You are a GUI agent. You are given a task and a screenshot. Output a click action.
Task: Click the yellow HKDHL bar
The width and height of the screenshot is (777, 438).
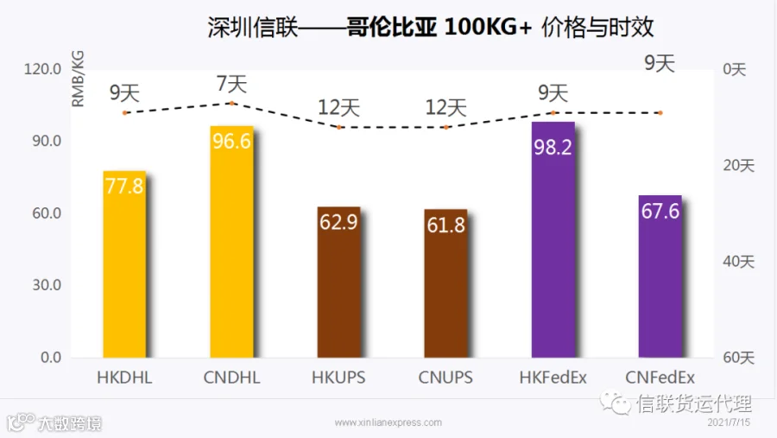124,263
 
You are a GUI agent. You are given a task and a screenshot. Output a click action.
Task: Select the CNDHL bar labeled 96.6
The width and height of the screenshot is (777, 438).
231,242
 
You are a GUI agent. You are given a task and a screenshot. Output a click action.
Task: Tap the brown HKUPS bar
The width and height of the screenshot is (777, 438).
339,282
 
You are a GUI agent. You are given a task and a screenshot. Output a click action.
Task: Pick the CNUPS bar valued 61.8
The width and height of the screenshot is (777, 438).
446,283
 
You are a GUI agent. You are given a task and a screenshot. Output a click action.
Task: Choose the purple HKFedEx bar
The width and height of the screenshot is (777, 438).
553,239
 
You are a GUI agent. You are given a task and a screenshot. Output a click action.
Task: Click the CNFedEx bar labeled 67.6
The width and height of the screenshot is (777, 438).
660,276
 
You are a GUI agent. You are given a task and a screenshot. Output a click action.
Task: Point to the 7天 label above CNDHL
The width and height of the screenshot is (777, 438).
232,84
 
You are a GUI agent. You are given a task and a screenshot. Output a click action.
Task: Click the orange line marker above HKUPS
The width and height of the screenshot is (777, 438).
339,128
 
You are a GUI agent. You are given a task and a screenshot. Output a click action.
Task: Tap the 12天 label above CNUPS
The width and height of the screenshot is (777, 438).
446,107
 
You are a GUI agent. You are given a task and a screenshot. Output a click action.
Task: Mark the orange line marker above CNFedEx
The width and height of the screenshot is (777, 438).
660,113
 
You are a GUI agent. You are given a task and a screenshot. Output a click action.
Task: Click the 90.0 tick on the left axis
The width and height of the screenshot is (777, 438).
47,141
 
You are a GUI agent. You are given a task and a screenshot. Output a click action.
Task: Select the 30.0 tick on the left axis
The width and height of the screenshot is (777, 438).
47,285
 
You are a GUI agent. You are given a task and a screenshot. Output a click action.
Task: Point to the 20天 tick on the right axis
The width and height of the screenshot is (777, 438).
738,165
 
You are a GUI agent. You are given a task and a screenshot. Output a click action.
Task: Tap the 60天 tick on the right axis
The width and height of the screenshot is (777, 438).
738,357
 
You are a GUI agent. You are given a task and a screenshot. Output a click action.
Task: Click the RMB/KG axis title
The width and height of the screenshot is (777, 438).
79,79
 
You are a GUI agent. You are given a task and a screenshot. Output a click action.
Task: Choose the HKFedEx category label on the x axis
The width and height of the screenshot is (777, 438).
553,378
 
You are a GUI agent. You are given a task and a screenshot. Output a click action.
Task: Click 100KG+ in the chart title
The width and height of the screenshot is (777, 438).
488,27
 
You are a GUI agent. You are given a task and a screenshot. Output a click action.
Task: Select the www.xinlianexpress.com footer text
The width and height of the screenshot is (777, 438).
388,422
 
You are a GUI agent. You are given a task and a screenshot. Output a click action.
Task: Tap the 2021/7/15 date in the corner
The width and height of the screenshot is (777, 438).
729,422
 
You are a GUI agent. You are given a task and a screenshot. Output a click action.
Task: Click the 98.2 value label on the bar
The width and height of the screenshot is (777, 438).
553,147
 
